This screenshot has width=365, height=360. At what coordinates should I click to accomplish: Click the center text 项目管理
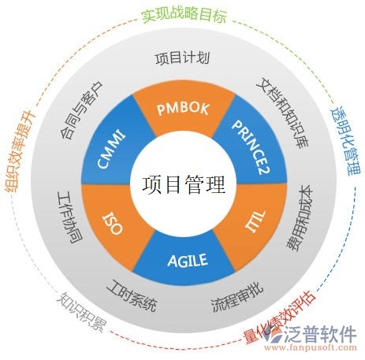(x=183, y=184)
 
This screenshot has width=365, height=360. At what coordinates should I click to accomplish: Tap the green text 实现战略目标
(x=182, y=15)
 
